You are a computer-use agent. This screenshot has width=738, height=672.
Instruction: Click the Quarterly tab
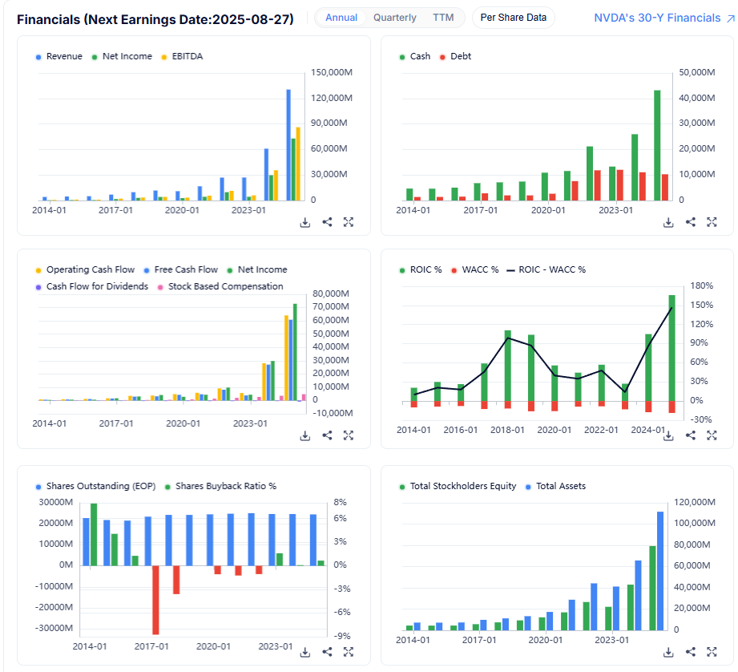point(394,18)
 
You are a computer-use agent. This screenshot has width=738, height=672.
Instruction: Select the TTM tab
point(442,18)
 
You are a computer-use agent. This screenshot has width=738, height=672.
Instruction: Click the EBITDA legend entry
point(182,56)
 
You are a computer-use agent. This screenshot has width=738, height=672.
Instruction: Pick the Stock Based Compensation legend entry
point(225,286)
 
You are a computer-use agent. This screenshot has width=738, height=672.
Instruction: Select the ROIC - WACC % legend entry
point(552,269)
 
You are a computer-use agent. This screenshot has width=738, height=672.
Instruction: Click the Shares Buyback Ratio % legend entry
point(225,486)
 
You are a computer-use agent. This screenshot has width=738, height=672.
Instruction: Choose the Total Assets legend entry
point(561,486)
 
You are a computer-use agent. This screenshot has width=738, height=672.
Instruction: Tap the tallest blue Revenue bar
point(288,144)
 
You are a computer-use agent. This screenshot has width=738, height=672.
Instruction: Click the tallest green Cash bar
point(657,145)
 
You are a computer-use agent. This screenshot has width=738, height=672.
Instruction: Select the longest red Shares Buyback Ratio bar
point(156,600)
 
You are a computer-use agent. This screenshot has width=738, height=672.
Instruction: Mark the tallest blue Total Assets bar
point(660,570)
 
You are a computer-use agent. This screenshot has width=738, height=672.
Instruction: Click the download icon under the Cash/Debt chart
point(668,222)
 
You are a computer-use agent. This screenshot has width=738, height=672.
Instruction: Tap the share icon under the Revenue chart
point(327,222)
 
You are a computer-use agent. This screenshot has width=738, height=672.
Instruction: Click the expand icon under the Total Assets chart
point(712,653)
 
